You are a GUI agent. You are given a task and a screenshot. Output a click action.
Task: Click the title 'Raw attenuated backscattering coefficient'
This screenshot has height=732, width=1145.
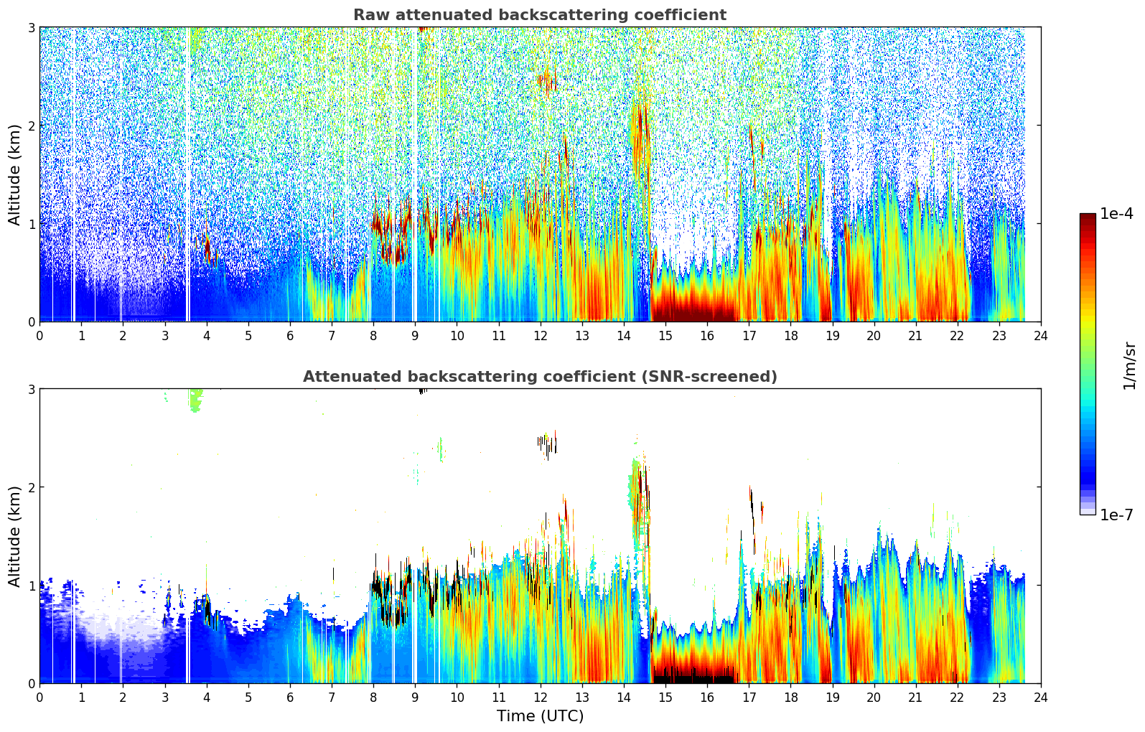tap(539, 15)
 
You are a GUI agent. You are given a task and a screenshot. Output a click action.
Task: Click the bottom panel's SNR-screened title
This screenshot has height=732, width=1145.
tap(539, 377)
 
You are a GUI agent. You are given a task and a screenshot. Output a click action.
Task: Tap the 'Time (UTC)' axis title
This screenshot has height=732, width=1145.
tap(540, 715)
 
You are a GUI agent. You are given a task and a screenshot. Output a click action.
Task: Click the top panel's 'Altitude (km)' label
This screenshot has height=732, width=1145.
tap(15, 174)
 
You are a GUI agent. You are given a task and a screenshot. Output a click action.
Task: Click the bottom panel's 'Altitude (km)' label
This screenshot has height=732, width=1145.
tap(15, 536)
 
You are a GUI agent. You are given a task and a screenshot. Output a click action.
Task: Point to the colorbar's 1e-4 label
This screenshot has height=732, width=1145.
tap(1116, 214)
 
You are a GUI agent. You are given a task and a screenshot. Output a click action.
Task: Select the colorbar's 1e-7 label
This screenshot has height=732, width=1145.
tap(1116, 515)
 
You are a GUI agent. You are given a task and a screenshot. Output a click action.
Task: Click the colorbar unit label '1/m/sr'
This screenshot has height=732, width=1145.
tap(1129, 365)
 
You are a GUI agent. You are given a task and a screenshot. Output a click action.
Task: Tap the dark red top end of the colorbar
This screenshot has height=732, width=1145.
tap(1088, 217)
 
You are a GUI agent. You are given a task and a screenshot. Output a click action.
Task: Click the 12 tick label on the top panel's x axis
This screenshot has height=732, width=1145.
tap(540, 335)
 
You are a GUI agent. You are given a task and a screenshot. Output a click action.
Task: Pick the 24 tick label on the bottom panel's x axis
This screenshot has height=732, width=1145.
tap(1040, 697)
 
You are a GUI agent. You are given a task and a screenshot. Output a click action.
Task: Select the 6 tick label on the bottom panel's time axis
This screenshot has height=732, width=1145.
tap(290, 697)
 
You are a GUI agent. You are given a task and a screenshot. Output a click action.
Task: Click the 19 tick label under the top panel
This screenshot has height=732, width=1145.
tap(832, 335)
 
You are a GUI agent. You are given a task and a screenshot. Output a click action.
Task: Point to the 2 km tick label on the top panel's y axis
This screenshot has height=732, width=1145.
tap(32, 126)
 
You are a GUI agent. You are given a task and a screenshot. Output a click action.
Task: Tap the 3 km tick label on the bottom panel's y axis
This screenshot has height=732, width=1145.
tap(32, 389)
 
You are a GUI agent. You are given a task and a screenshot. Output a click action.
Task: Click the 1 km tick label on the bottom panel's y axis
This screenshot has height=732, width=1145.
tap(32, 585)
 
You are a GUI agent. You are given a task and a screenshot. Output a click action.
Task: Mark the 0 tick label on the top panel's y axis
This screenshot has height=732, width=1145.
tap(32, 322)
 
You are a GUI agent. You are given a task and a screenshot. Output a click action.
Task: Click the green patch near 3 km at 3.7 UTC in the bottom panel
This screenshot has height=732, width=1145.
tap(195, 399)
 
